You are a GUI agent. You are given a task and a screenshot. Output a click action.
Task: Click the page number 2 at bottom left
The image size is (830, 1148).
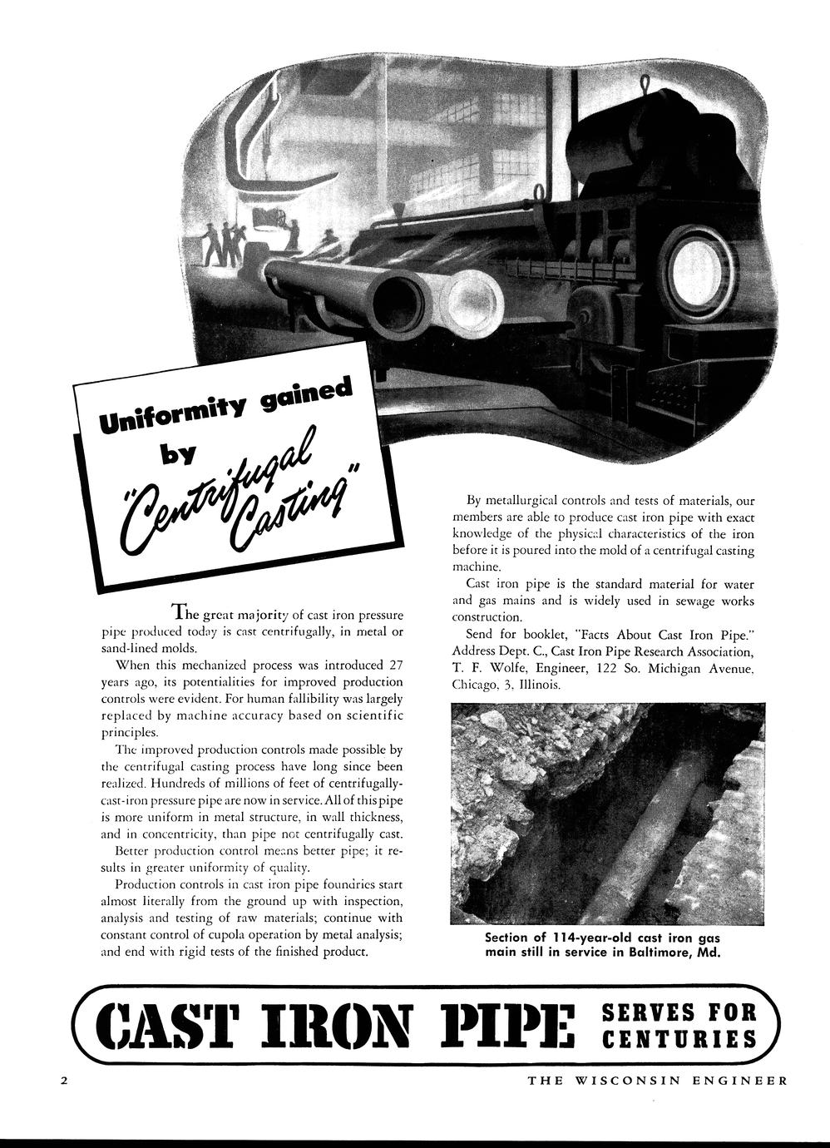click(x=63, y=1081)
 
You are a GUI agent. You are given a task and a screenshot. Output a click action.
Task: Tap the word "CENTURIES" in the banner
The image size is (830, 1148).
click(x=679, y=1039)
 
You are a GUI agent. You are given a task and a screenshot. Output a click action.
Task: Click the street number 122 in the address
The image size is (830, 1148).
click(x=616, y=669)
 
